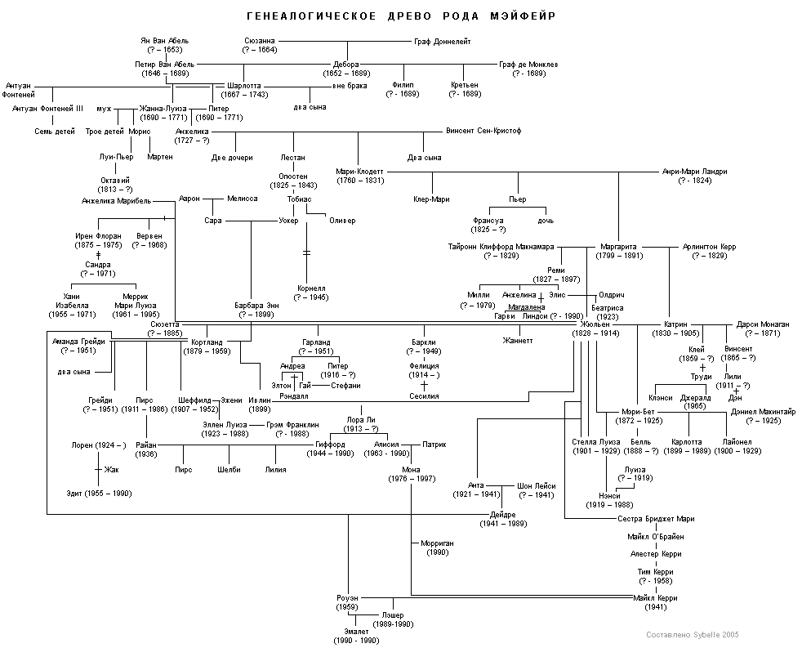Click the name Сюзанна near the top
point(259,41)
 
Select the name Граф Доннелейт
point(443,41)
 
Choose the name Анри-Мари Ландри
point(694,172)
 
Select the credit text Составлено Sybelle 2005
point(692,634)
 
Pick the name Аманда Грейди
point(78,342)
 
